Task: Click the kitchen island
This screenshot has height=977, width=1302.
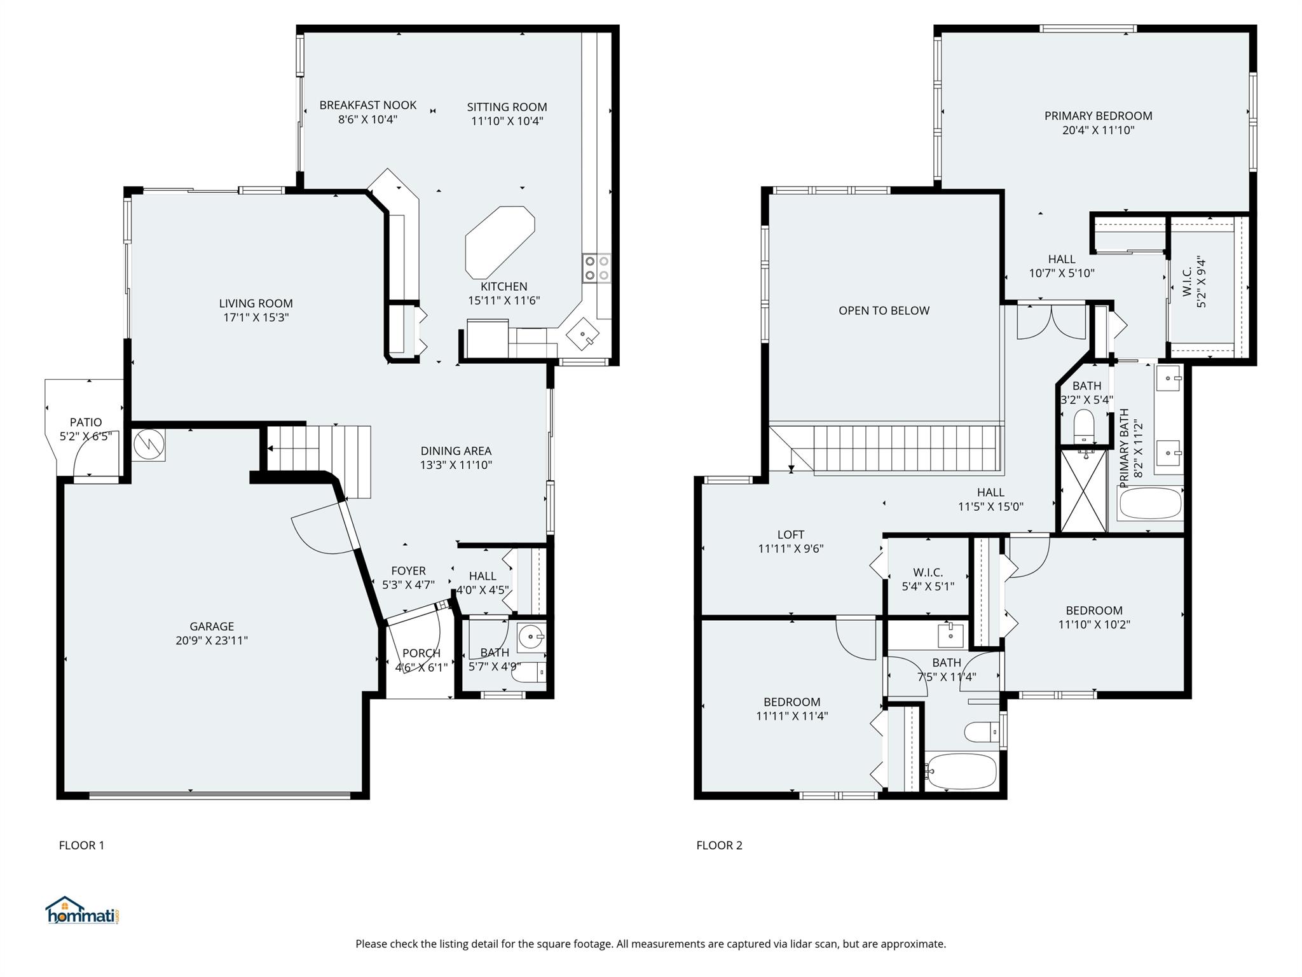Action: pos(500,242)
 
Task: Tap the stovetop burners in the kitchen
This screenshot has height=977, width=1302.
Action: pos(597,268)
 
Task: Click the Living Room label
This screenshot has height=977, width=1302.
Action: pos(256,303)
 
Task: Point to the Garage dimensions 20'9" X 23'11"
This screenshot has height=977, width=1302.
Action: pos(212,641)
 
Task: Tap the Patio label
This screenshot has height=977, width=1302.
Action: pos(86,422)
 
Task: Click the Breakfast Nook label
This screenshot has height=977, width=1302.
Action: pos(368,105)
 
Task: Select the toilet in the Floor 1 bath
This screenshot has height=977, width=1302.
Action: pos(532,672)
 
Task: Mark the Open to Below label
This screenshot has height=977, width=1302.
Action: pos(884,310)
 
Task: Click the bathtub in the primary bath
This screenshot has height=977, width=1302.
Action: pos(1150,504)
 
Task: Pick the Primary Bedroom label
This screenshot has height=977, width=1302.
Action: pos(1099,116)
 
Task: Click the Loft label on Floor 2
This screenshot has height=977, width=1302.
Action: pos(791,535)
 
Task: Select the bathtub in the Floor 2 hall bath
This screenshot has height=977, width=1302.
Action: pos(961,772)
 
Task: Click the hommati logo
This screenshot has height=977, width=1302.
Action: pos(83,910)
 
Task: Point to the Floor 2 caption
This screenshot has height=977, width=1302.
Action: pos(719,845)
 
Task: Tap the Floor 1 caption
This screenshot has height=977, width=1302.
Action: pos(81,845)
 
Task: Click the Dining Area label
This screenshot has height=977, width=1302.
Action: pos(456,451)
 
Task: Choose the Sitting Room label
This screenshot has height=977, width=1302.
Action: pos(507,107)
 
